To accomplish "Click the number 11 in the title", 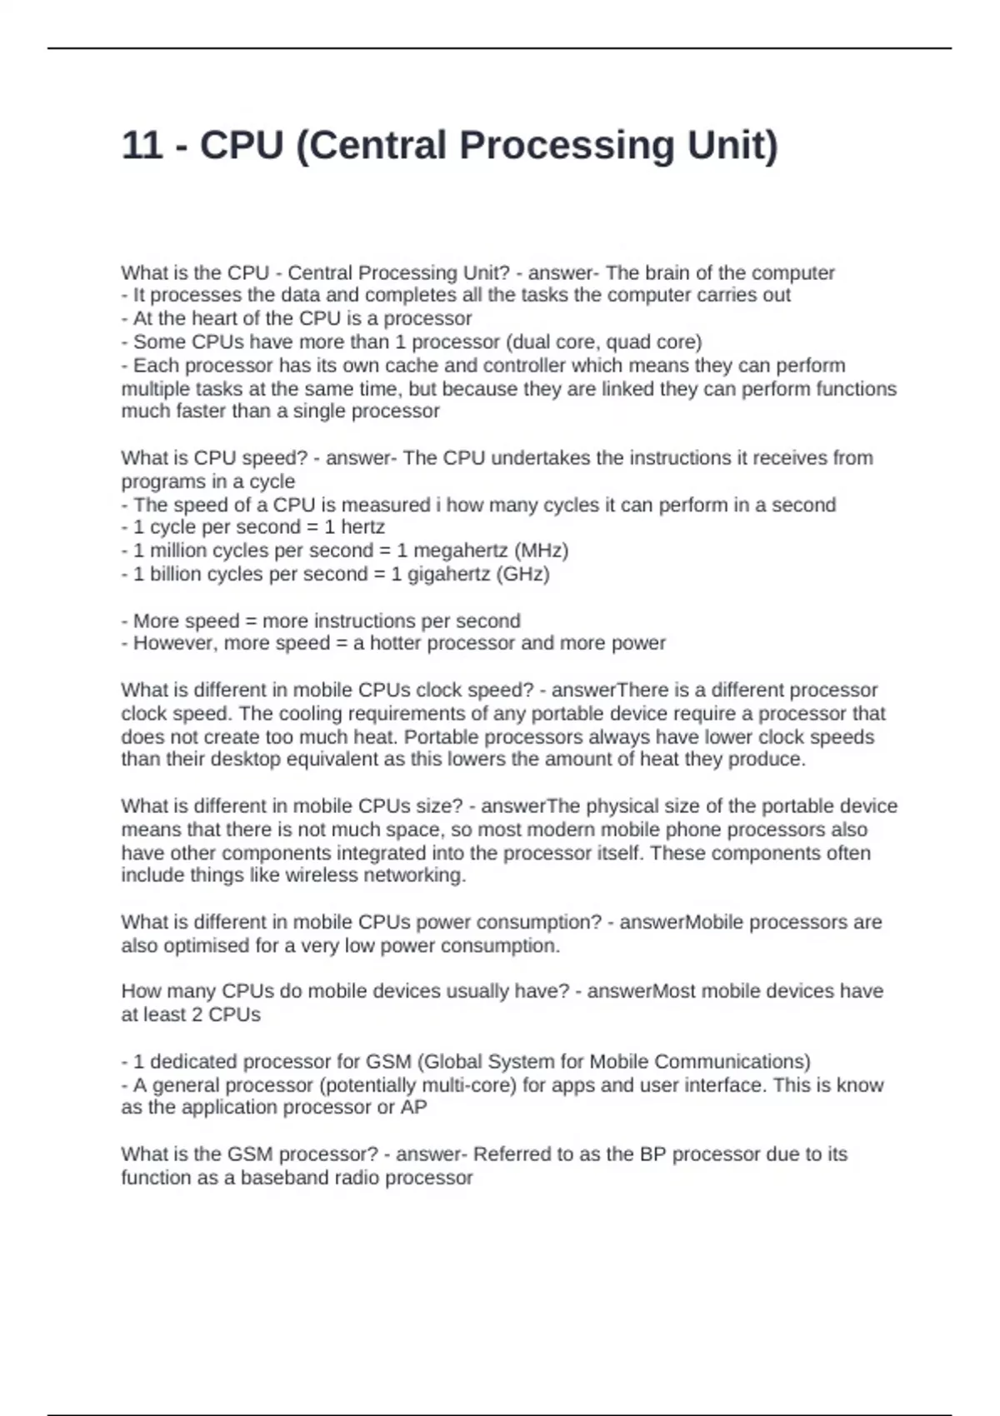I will (142, 146).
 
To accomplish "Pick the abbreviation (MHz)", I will (541, 551).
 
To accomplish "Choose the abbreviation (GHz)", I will (522, 574).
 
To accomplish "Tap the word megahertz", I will (460, 551).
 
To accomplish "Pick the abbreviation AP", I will (413, 1108).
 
